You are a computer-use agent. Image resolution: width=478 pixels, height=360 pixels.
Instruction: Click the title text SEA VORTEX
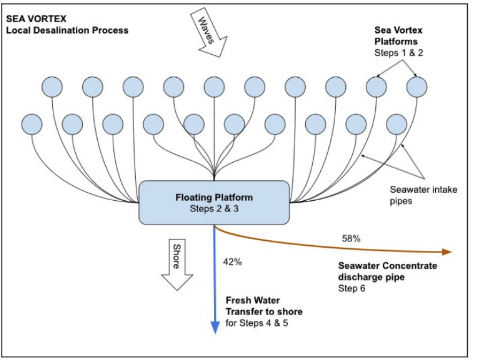click(x=35, y=17)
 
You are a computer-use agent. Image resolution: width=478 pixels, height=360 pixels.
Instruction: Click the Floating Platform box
click(x=214, y=202)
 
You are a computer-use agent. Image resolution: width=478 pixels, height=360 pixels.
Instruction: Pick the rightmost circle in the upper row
click(x=417, y=87)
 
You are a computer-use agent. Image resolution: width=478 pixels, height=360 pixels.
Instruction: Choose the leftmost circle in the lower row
click(x=34, y=124)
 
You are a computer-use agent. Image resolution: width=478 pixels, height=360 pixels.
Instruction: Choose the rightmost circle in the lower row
click(x=397, y=124)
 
